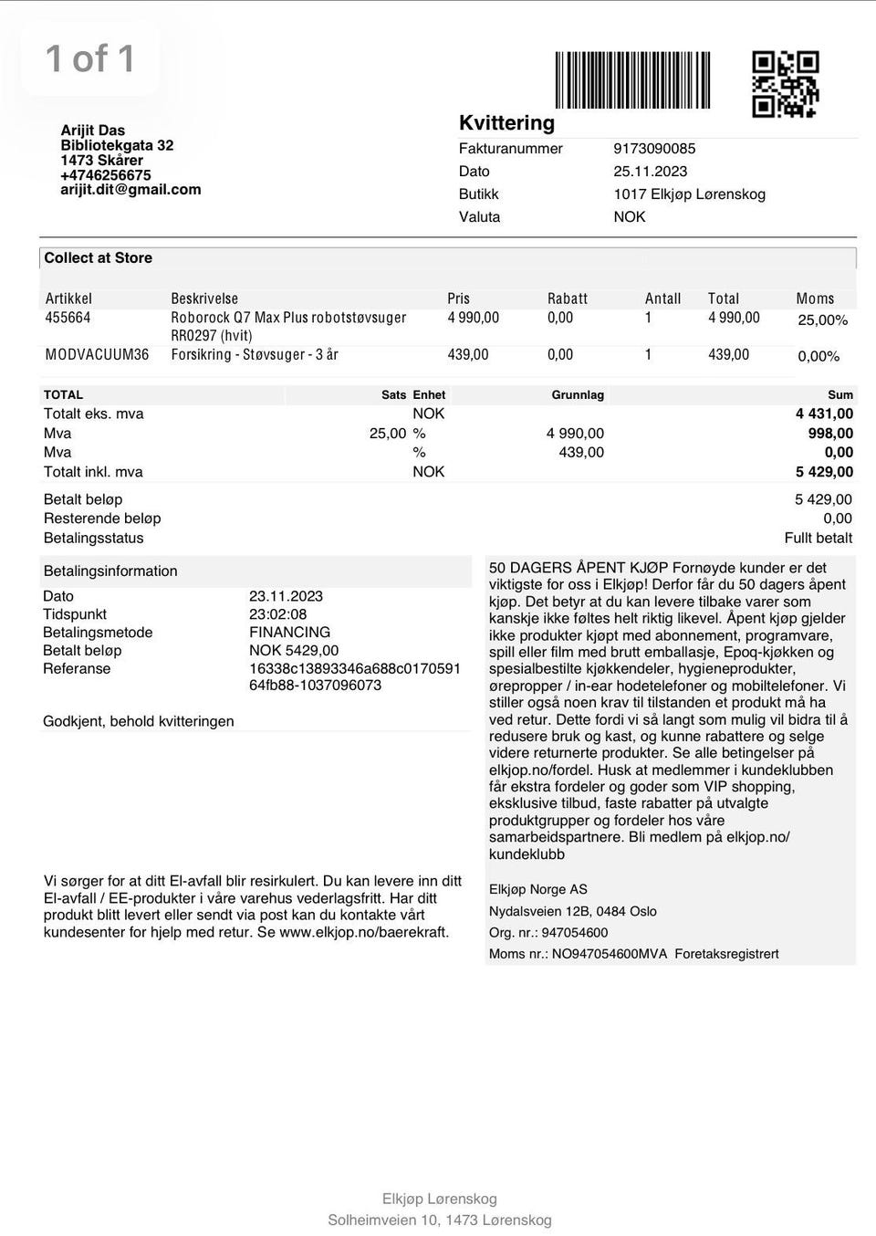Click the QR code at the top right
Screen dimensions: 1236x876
(785, 84)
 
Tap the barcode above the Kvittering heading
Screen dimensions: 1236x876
(632, 80)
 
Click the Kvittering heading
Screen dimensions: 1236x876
(506, 123)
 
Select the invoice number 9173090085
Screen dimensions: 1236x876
(654, 149)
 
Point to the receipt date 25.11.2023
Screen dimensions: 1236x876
(651, 172)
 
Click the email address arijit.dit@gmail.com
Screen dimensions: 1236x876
(130, 190)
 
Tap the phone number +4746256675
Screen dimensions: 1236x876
(106, 175)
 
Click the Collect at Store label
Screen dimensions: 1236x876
(98, 258)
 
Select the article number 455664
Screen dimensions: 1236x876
(68, 318)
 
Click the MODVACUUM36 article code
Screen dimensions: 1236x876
(97, 354)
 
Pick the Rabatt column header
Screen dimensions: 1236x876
(568, 299)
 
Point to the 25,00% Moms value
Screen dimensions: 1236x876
(822, 320)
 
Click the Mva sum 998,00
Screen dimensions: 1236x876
(830, 434)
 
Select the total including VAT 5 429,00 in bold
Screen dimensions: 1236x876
(824, 472)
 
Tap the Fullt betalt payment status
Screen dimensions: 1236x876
(818, 539)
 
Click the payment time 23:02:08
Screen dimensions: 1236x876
(277, 614)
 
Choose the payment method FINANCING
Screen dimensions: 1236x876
(289, 633)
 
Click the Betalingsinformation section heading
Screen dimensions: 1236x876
(110, 571)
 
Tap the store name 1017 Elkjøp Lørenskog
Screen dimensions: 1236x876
(689, 194)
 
